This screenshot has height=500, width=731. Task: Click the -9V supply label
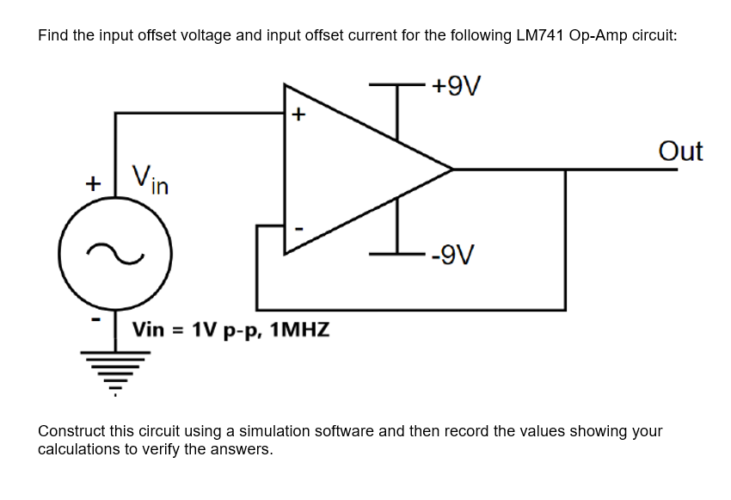[455, 255]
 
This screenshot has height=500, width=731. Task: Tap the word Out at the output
[680, 151]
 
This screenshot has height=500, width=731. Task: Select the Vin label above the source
[150, 179]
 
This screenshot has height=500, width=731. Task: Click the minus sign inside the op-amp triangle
[298, 228]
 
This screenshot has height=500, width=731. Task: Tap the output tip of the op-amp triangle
[451, 170]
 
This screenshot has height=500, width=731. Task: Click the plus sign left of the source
[91, 183]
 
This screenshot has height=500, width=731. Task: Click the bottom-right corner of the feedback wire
[565, 309]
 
